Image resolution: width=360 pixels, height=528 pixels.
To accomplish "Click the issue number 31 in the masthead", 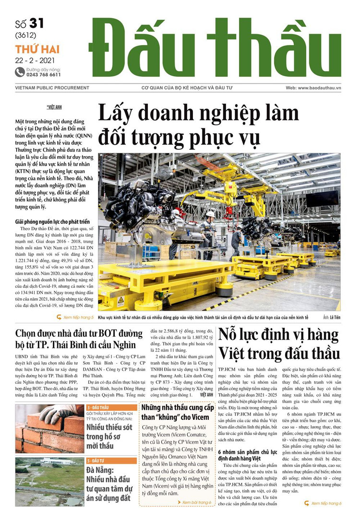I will point(37,24).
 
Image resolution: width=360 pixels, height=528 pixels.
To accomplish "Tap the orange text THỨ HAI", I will point(32,49).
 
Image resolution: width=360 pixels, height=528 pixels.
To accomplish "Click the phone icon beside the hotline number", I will point(20,72).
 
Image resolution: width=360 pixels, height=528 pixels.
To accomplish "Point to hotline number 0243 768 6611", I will point(44,75).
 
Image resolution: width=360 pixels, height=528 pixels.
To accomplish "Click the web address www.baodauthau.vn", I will point(326,88).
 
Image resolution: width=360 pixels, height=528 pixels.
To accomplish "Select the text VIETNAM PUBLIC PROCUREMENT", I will point(52,88).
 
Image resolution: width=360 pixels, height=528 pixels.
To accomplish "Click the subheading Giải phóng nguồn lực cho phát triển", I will point(52,221).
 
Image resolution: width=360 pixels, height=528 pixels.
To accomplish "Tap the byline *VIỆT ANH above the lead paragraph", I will point(54,107).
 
